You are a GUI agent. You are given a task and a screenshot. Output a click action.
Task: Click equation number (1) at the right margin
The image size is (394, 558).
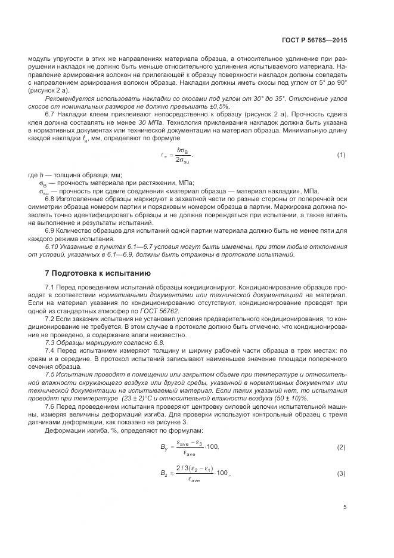coord(341,155)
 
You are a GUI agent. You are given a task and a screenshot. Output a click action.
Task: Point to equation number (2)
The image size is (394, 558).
coord(341,447)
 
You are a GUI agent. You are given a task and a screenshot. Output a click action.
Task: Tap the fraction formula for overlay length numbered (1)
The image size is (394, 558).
coord(178,155)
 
